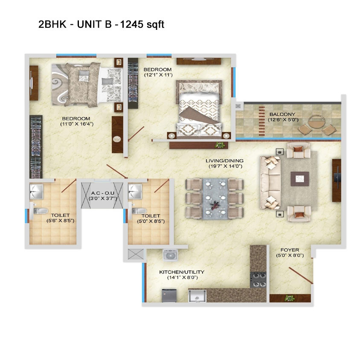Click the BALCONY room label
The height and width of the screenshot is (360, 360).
pos(282,114)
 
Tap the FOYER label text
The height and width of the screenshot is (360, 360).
pos(290,250)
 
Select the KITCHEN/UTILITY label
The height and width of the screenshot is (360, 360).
pos(182,272)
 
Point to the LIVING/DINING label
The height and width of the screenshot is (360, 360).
pos(224,161)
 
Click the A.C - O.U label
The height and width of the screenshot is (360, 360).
pos(102,193)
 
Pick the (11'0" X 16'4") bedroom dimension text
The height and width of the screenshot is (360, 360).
pos(77,124)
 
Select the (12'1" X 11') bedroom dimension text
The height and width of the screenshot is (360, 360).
pos(158,75)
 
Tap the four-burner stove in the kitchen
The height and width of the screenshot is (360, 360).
pos(258,280)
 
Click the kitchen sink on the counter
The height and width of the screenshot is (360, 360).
pos(197,296)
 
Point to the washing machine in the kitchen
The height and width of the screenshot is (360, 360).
pos(170,255)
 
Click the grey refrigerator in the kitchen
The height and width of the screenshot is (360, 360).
pos(169,296)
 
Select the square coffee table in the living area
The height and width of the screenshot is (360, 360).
pos(299,179)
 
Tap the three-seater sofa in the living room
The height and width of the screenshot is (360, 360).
pos(270,183)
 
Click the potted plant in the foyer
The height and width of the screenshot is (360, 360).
pos(290,298)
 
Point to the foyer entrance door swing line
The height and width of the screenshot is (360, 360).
pos(301,275)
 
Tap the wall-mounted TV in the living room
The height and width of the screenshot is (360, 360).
pos(337,180)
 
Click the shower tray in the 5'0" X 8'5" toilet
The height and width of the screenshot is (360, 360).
pos(135,191)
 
